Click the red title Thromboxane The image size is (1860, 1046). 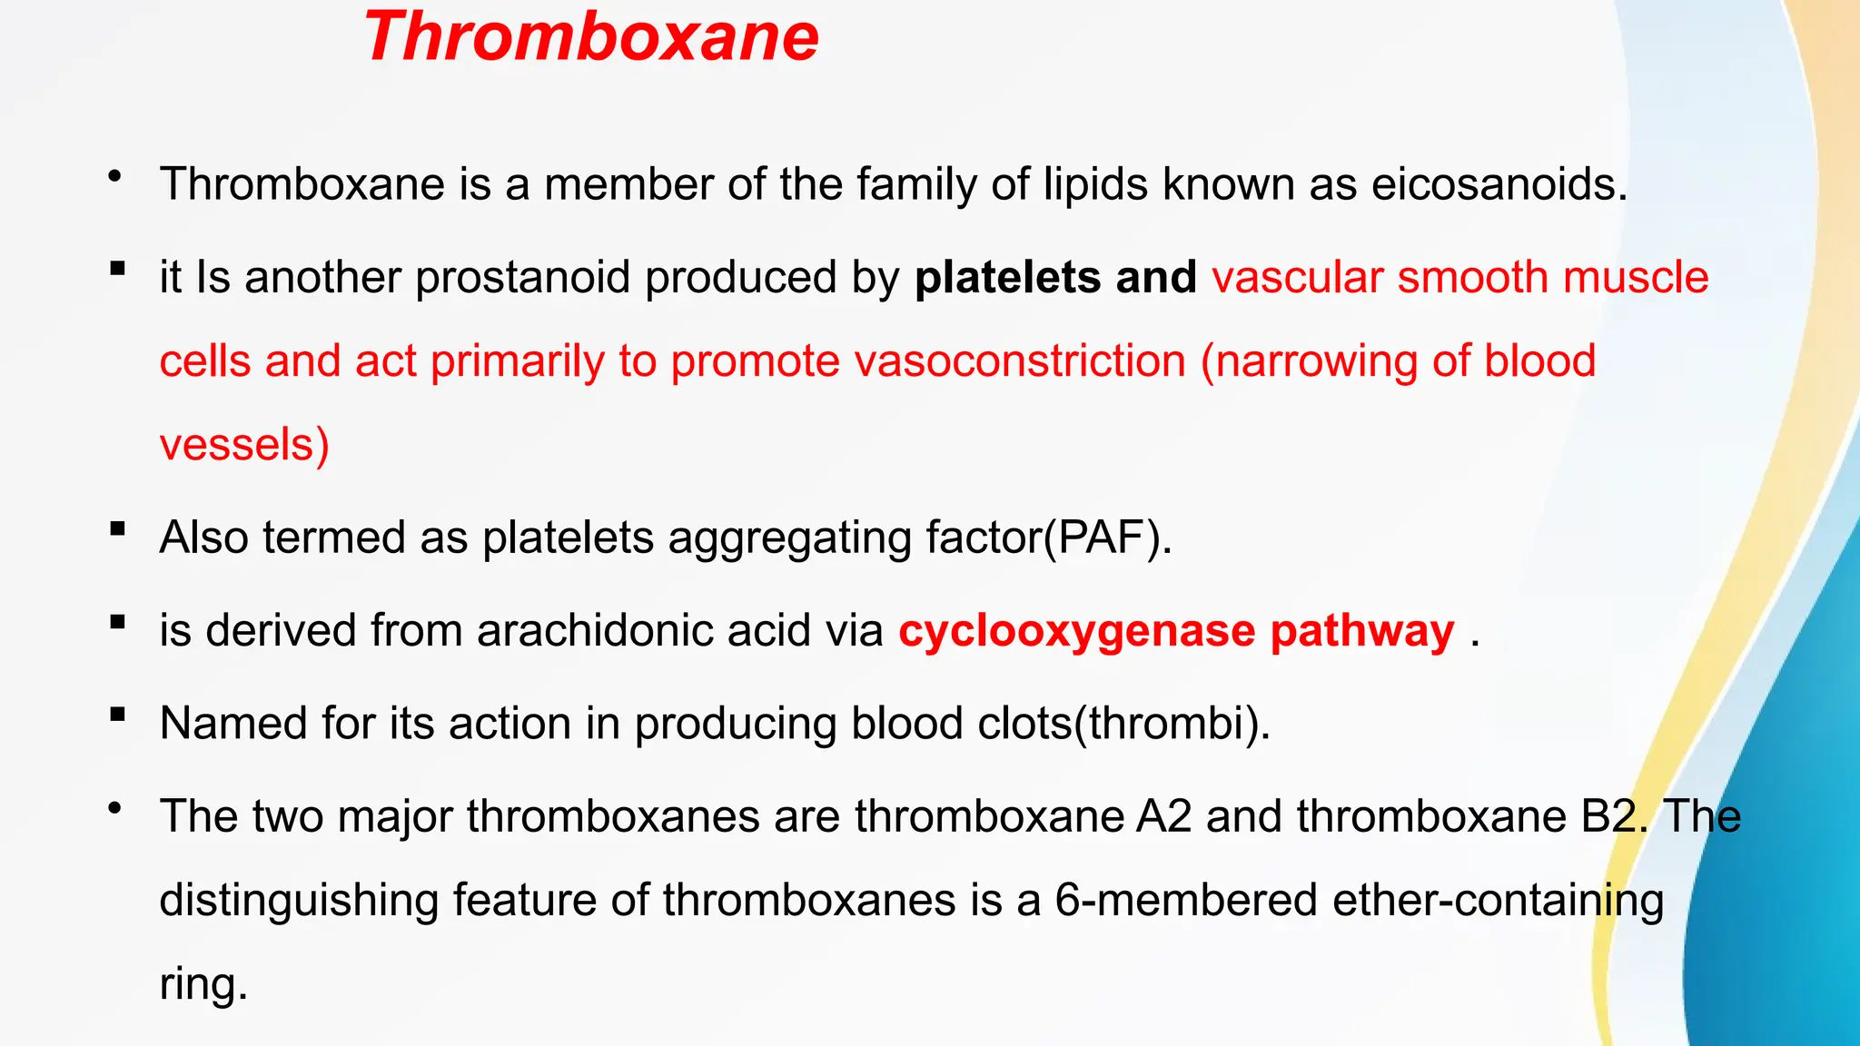coord(591,38)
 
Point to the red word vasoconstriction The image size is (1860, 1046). coord(1020,361)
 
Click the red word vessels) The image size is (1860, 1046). coord(244,445)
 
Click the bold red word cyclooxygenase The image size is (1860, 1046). coord(1077,630)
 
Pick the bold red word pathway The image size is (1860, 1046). coord(1362,630)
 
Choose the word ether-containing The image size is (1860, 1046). coord(1498,900)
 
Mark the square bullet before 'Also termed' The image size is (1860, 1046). coord(117,528)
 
